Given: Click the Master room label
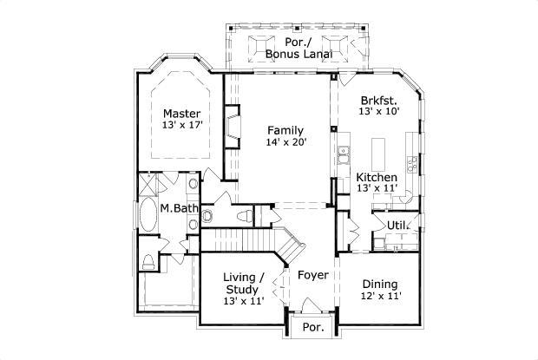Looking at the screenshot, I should [x=181, y=114].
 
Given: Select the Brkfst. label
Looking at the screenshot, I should [x=377, y=100].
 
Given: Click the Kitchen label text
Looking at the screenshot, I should [x=377, y=177].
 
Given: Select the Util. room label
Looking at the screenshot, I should [x=397, y=226].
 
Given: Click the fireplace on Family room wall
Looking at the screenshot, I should [x=232, y=125].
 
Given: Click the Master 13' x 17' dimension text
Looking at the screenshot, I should [x=181, y=126].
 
